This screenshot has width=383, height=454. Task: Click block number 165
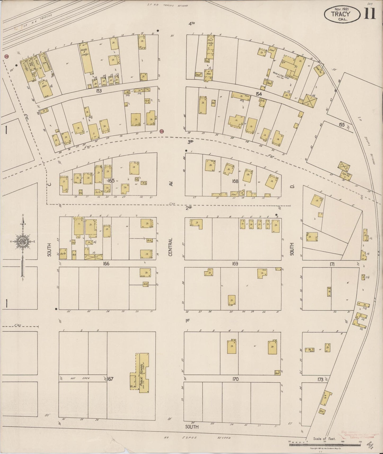click(x=111, y=181)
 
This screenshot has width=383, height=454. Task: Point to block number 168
click(x=235, y=181)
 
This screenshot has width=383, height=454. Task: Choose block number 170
click(x=235, y=379)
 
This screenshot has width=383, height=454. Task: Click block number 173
click(x=320, y=380)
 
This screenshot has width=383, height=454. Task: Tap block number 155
click(x=342, y=124)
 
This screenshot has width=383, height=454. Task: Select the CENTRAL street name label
click(x=170, y=247)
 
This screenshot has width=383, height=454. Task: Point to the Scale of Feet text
click(x=324, y=439)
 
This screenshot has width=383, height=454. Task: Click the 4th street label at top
click(x=192, y=24)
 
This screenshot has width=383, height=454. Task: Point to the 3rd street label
click(x=191, y=142)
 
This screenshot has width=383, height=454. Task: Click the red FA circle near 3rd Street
click(x=162, y=131)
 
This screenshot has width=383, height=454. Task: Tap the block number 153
click(x=99, y=91)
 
